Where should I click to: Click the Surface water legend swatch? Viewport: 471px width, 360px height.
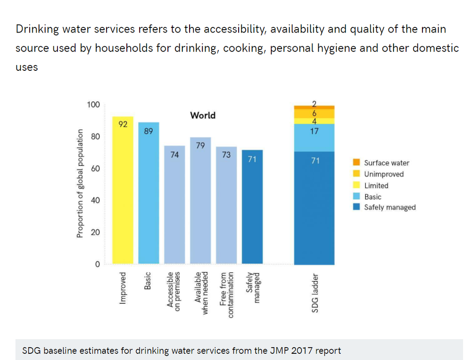coord(356,163)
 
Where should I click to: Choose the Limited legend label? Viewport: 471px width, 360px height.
coord(376,185)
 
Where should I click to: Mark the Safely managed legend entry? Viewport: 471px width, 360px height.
coord(389,207)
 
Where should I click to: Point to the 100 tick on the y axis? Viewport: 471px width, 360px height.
coord(93,104)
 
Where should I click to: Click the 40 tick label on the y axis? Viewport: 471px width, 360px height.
coord(95,201)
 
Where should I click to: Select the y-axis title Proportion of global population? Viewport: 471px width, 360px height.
coord(80,183)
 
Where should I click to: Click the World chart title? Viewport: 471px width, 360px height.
coord(203,115)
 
